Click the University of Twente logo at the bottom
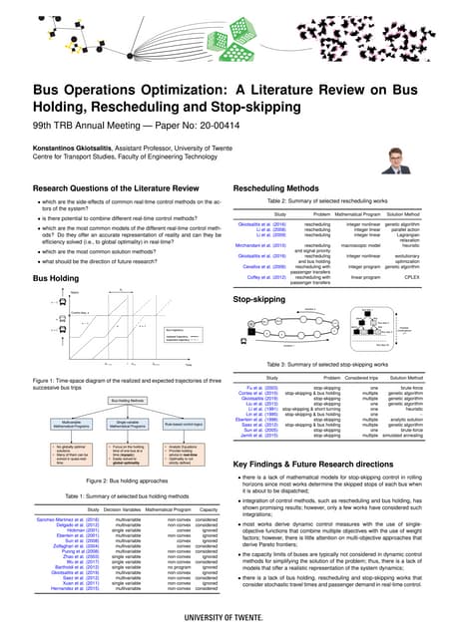(225, 618)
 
